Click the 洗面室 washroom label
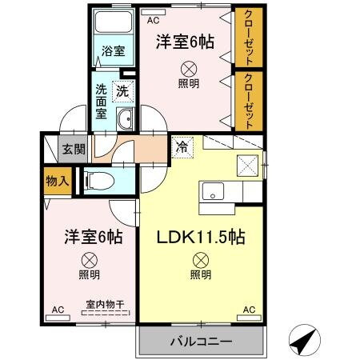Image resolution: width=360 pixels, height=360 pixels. coord(102,101)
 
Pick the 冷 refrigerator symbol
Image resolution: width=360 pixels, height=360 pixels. coord(181,147)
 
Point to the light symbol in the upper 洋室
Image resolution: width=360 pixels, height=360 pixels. coord(189,68)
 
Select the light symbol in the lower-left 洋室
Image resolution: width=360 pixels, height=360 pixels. coord(89,258)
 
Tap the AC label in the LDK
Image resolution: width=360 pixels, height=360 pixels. coord(248,309)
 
